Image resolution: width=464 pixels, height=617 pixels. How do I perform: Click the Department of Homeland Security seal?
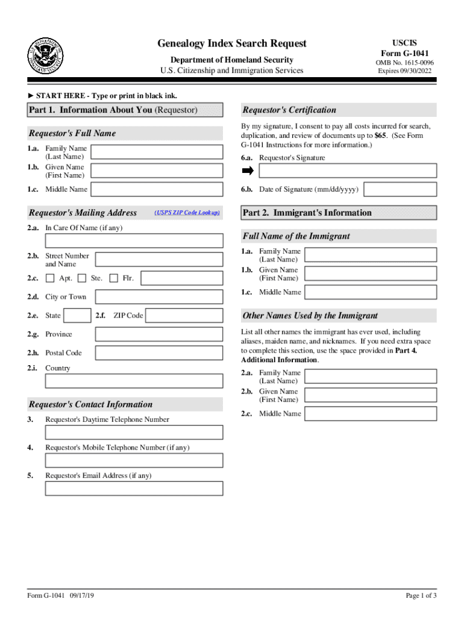click(45, 55)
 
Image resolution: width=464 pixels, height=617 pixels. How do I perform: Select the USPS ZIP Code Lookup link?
click(187, 213)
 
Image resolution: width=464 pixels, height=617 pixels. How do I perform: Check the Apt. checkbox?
click(49, 278)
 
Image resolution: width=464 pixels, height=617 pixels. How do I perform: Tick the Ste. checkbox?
click(82, 278)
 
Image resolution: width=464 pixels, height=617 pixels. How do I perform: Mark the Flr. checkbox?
click(113, 278)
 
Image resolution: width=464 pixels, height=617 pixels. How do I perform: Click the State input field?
click(78, 316)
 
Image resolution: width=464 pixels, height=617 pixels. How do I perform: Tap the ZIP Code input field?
click(184, 316)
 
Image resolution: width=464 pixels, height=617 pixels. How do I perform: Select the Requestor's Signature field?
click(347, 171)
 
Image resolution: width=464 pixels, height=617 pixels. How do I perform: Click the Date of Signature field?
click(400, 189)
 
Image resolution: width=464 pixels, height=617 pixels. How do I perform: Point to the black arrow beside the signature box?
click(248, 171)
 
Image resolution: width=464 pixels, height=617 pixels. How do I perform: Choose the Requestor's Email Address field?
click(134, 489)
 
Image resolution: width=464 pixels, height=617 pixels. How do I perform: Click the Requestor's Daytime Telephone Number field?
click(134, 433)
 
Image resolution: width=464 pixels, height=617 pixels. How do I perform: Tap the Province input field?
click(159, 334)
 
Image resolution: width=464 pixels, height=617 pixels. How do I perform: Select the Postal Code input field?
click(159, 353)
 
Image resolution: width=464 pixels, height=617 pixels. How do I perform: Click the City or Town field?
click(159, 297)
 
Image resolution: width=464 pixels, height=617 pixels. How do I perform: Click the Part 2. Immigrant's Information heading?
click(307, 213)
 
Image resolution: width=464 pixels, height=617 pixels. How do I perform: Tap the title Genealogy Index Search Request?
click(232, 43)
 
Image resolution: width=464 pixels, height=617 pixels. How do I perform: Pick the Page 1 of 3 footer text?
click(421, 596)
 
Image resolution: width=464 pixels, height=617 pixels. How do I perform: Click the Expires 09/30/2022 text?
click(404, 71)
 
